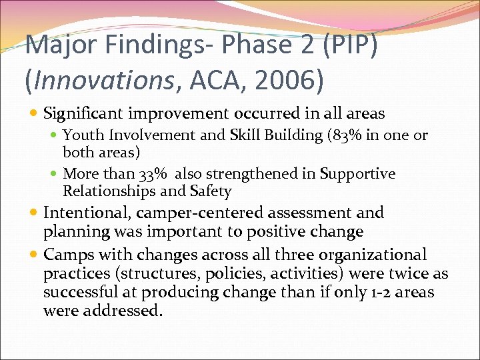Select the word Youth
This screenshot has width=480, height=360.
[83, 135]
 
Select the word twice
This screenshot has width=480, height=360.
[412, 274]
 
